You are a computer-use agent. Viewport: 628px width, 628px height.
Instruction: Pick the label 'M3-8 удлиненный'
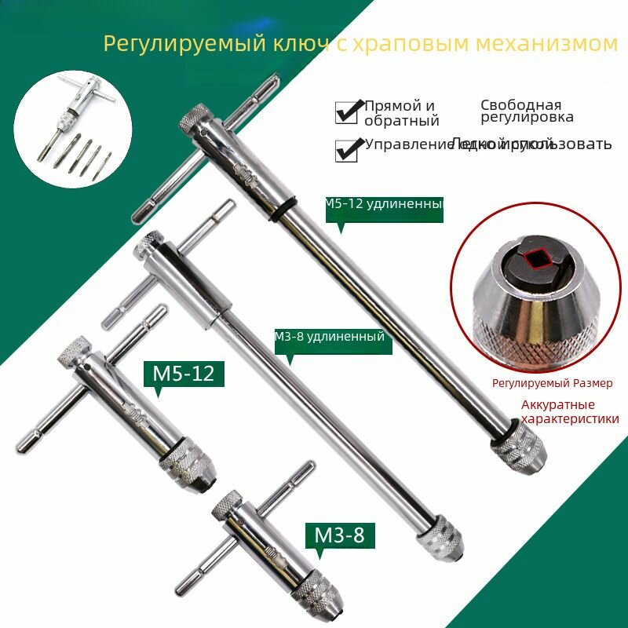[x=330, y=336]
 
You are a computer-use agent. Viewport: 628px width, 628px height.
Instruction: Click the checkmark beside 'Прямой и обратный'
[x=347, y=112]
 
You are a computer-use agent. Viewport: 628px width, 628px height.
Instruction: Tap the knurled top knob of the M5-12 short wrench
[x=72, y=351]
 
